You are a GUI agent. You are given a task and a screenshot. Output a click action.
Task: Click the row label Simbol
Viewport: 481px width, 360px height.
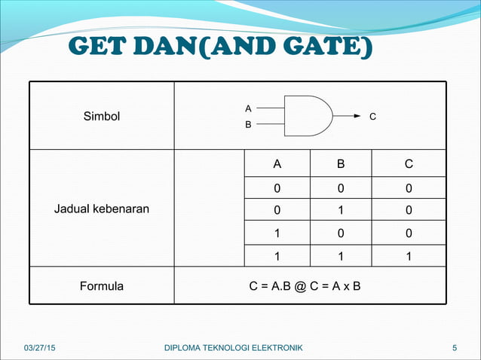coord(102,117)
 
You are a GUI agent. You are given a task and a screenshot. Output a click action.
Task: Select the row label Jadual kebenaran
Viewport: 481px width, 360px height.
coord(102,209)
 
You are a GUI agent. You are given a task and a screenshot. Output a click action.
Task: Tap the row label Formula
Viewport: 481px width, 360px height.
coord(102,286)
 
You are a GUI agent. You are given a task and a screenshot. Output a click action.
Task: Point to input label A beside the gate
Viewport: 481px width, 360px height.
coord(249,108)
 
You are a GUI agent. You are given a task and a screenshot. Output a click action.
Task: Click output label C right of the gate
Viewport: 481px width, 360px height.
coord(372,117)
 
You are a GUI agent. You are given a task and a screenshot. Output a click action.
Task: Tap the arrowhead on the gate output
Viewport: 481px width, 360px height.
coord(358,117)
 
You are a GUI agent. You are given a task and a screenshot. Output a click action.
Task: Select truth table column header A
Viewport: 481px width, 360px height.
coord(277,164)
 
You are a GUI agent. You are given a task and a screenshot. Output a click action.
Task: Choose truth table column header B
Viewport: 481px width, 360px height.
coord(341,164)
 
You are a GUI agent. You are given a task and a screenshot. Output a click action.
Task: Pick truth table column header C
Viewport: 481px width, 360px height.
coord(408,164)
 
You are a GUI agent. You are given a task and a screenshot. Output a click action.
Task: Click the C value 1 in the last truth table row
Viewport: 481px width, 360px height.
coord(408,256)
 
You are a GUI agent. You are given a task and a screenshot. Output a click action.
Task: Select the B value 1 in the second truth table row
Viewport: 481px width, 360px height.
coord(341,210)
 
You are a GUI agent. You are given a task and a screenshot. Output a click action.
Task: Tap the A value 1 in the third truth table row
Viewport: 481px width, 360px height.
coord(277,233)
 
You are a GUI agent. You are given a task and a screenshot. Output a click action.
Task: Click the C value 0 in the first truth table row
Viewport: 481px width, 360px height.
coord(408,188)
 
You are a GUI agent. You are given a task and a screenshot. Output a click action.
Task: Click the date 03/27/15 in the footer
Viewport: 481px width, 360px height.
coord(39,347)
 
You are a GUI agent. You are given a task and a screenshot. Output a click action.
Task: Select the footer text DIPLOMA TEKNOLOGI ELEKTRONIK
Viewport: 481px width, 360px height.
coord(233,347)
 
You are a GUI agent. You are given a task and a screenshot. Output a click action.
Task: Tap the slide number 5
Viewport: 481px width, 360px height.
coord(455,347)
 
